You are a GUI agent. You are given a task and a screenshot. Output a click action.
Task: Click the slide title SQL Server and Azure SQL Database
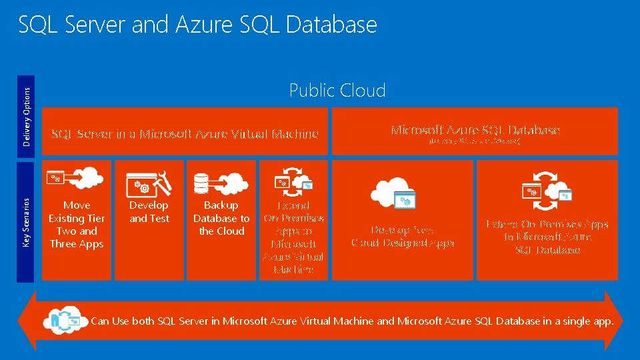point(197,25)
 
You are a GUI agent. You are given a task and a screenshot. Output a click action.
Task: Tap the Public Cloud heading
point(337,91)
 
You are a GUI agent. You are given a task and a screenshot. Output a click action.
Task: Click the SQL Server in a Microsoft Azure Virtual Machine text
point(185,134)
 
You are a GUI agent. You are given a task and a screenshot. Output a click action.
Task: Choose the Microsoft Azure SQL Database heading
point(475,130)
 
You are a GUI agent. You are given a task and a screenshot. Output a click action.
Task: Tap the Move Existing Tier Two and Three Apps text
point(77,225)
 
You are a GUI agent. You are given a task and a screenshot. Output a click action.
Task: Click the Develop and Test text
point(149,212)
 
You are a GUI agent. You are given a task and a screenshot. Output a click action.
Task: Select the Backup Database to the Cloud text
point(221,218)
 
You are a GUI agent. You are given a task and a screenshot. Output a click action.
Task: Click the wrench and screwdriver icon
point(161,179)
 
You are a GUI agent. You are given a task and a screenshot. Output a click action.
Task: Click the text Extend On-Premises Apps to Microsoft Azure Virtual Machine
point(293,237)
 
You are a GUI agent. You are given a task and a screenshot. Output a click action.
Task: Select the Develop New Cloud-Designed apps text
point(403,236)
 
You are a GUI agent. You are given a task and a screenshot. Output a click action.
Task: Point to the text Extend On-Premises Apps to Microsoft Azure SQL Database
point(548,237)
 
